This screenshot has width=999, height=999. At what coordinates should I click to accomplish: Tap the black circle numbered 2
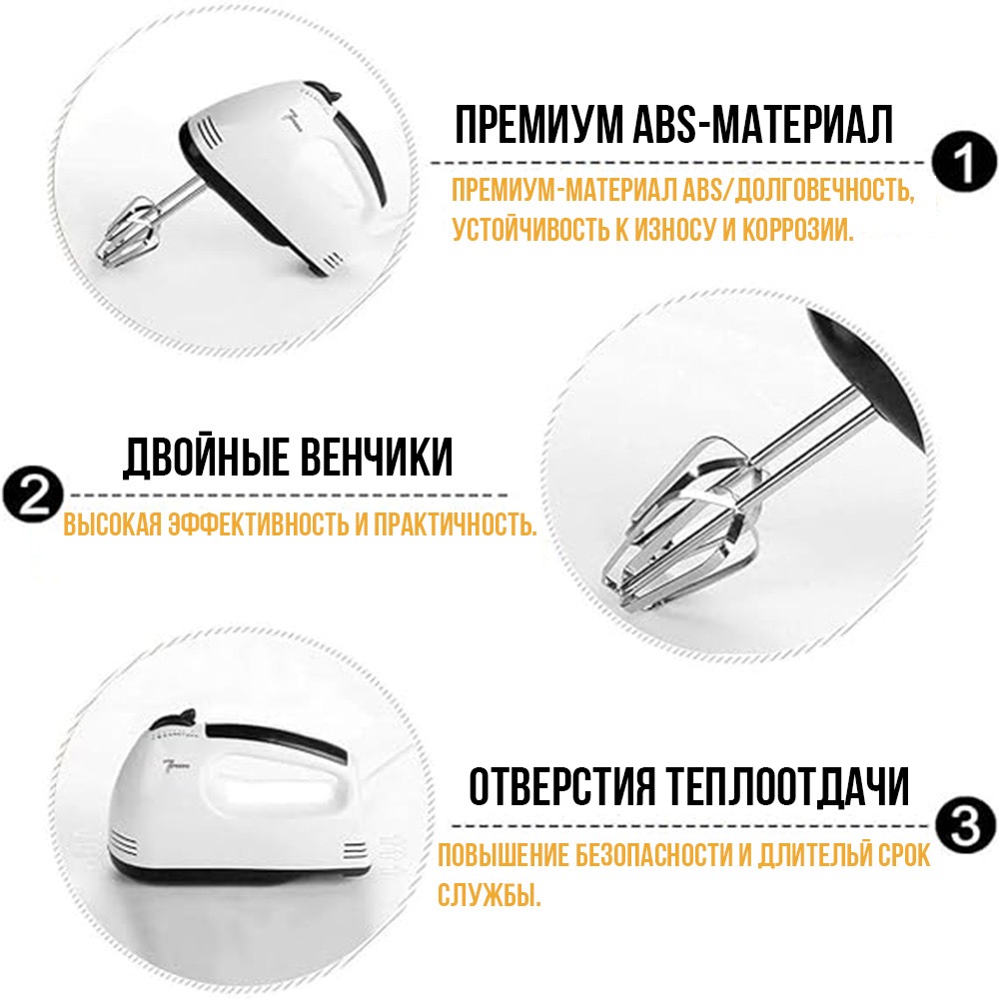pos(32,496)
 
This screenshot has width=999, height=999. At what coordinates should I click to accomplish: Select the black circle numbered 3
pos(966,826)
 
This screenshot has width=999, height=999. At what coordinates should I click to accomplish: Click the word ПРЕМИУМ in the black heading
pos(539,126)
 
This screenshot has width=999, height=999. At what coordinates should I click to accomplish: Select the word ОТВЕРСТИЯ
pos(561,787)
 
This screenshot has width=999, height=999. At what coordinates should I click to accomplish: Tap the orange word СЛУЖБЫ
pos(490,894)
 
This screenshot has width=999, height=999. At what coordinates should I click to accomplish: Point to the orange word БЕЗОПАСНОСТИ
pos(655,856)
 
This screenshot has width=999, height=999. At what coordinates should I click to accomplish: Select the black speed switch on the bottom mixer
pos(182,716)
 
